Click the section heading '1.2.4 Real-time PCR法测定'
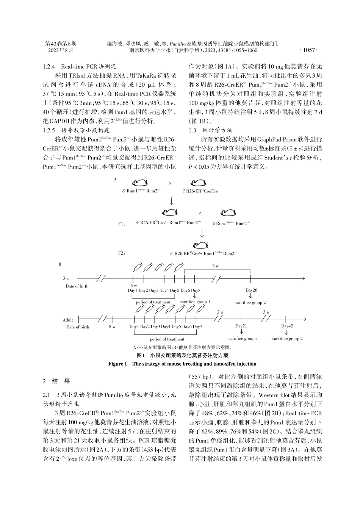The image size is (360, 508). coord(80,66)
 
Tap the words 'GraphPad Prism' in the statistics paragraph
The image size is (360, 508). coord(274,139)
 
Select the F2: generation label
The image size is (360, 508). coord(122,253)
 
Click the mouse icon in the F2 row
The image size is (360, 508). coord(201,245)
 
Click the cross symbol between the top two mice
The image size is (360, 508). coord(170,183)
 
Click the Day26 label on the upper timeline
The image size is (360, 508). coord(251,290)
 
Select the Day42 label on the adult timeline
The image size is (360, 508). coord(287,326)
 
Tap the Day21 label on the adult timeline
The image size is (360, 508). coord(241,326)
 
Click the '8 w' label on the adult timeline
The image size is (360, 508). coord(112,326)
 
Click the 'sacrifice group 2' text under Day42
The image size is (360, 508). coord(287,339)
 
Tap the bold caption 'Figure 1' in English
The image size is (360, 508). coord(117,364)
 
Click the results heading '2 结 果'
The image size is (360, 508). coord(56,381)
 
